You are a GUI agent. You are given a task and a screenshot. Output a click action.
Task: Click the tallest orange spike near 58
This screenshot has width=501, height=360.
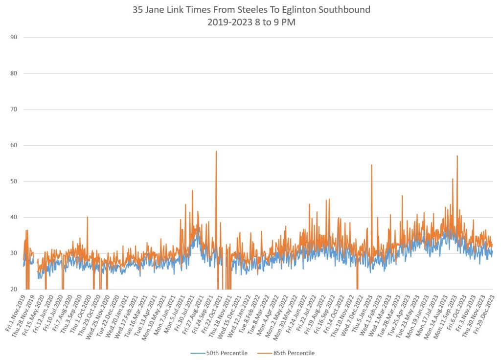[216, 152]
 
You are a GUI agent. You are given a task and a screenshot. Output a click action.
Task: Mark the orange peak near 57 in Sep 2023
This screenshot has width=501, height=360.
[457, 156]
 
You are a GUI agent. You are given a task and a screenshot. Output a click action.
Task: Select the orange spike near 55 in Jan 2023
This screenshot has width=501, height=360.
[371, 165]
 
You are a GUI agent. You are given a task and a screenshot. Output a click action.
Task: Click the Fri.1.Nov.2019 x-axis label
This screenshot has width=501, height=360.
[16, 313]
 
